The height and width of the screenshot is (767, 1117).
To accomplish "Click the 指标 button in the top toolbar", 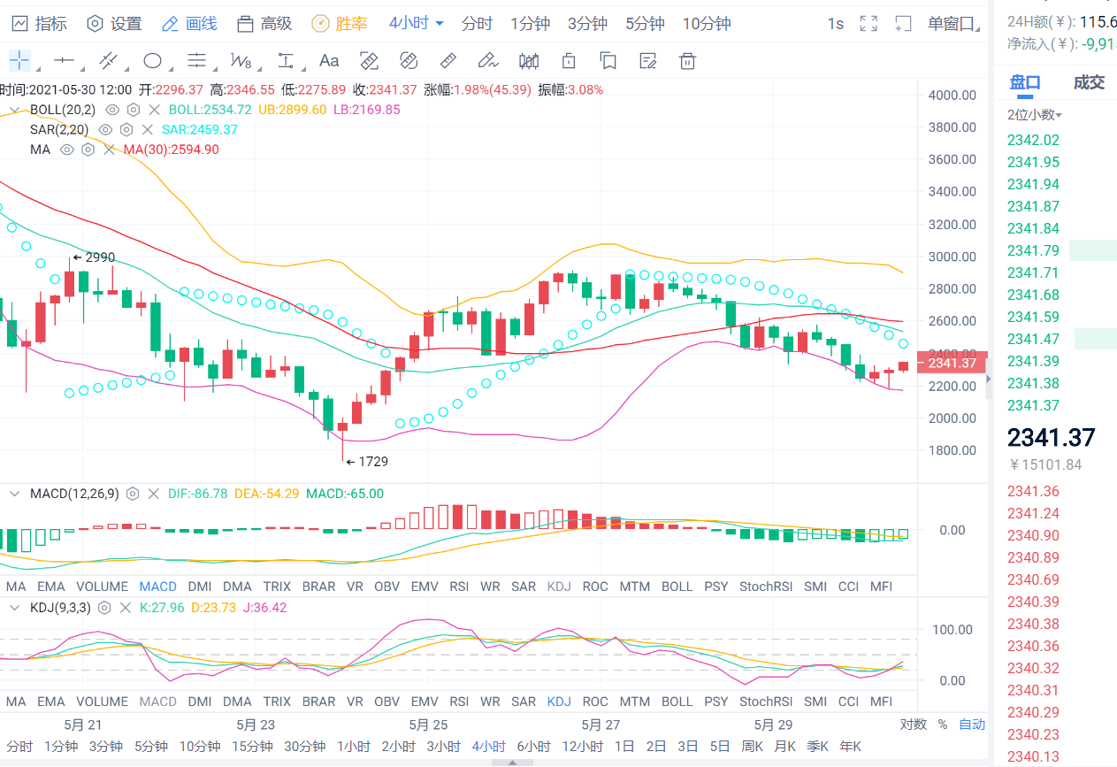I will [x=40, y=24].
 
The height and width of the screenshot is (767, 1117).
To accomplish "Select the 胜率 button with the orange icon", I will [x=340, y=24].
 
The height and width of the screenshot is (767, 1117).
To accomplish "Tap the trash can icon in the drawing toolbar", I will [x=687, y=61].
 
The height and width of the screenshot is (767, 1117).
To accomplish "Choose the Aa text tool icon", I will [x=329, y=61].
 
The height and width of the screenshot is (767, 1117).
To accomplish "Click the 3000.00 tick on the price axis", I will [x=952, y=257].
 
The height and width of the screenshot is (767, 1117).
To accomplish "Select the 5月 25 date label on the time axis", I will [x=428, y=725].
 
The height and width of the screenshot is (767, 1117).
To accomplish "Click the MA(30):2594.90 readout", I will [x=171, y=150].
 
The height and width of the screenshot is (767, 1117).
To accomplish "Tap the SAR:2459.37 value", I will [x=205, y=129].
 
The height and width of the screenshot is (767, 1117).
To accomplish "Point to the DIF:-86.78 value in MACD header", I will [x=197, y=494].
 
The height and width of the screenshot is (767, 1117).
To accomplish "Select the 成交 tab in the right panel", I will [x=1088, y=83].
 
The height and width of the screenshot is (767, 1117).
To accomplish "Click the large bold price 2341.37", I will [x=1051, y=437].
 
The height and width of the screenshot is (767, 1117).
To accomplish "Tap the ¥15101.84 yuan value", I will [x=1044, y=465].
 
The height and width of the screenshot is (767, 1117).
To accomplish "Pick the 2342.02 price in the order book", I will [x=1032, y=140].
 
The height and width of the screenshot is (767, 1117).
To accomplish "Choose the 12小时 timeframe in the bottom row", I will [x=582, y=747].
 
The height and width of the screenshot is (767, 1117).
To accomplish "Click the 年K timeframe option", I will [x=850, y=747].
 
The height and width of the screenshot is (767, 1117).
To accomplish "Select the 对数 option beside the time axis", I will [x=914, y=725].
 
